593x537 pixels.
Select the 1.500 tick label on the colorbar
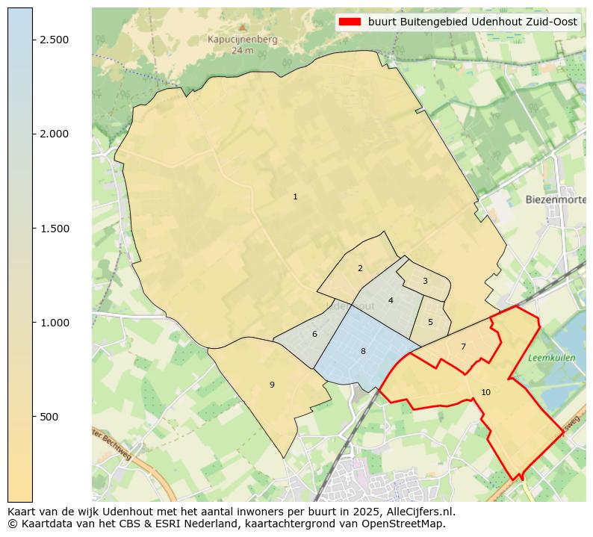[x=55, y=229]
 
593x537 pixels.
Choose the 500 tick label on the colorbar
[x=49, y=417]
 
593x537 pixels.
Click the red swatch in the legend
[x=350, y=22]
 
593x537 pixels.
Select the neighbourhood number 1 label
[x=295, y=196]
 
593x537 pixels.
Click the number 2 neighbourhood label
[x=360, y=268]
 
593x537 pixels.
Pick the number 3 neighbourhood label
[x=425, y=282]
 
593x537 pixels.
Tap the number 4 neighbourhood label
[x=391, y=300]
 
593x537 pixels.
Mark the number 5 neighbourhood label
[x=430, y=322]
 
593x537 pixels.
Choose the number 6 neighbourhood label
[x=314, y=334]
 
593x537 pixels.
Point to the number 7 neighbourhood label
[x=463, y=347]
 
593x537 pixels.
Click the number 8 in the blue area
[x=363, y=351]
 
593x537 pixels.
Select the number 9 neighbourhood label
[x=272, y=385]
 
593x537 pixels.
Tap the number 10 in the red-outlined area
[x=485, y=392]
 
